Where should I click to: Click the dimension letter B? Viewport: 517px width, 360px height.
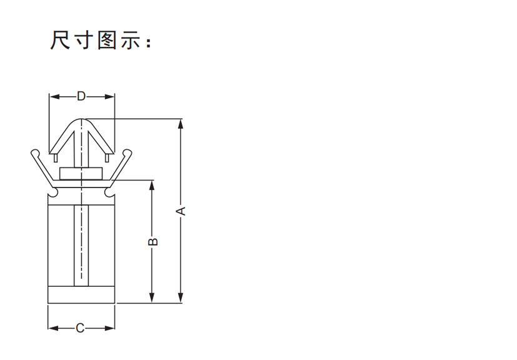pos(153,242)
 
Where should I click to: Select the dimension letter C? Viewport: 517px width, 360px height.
pos(80,328)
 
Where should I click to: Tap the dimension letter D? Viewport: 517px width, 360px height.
pos(81,96)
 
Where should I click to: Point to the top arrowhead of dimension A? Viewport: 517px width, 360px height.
pos(181,124)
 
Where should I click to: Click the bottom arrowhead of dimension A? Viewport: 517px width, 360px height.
pos(181,297)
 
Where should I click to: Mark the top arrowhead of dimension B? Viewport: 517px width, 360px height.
pos(152,185)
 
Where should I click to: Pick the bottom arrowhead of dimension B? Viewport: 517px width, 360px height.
pos(152,297)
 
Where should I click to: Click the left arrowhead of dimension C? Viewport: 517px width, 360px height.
pos(53,328)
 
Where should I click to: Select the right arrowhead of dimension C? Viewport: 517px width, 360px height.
pos(109,328)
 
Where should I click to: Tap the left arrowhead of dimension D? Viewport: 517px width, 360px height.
pos(54,97)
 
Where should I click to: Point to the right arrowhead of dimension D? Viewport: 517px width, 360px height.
pos(109,97)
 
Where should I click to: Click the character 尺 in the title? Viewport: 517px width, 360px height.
pos(61,40)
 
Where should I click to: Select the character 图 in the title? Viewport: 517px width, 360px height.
pos(108,40)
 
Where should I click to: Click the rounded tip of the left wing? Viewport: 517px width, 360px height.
pos(35,153)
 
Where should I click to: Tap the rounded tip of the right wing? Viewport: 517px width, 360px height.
pos(128,153)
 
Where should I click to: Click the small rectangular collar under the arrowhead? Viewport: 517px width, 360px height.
pos(81,174)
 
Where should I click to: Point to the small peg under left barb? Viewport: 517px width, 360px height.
pos(56,158)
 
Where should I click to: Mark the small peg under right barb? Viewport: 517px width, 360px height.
pos(107,158)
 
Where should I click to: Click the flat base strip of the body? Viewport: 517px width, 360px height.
pos(81,295)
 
